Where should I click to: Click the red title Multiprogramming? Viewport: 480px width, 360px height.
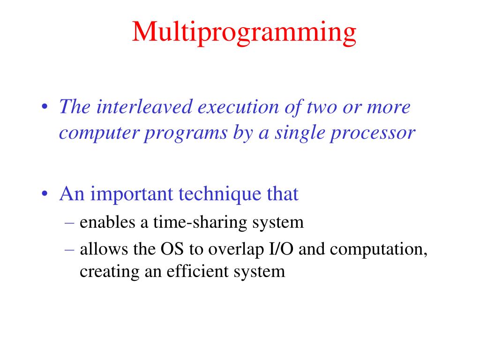(244, 33)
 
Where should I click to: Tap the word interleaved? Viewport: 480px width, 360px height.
(144, 107)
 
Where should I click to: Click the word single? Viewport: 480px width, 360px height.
(299, 134)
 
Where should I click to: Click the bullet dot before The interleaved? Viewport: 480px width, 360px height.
(45, 107)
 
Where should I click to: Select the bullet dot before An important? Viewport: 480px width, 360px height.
(45, 194)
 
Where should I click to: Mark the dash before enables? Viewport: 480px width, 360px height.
(69, 223)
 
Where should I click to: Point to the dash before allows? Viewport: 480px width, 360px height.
(69, 249)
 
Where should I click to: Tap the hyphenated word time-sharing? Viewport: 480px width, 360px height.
(200, 223)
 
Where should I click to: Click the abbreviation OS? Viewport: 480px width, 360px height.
(172, 249)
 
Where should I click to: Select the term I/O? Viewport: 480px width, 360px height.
(281, 249)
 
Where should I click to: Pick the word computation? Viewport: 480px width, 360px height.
(379, 249)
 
